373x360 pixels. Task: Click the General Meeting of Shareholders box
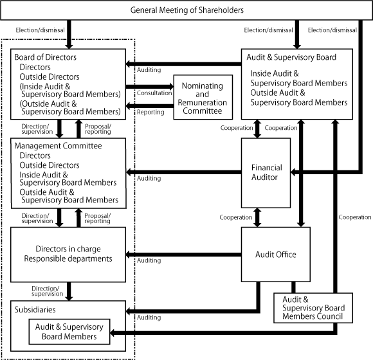[x=186, y=11]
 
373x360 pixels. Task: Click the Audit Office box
[x=277, y=255]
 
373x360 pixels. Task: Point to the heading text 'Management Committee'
[x=58, y=146]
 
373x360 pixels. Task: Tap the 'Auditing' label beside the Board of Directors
[x=149, y=69]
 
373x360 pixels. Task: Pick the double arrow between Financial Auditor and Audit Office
[x=258, y=218]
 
